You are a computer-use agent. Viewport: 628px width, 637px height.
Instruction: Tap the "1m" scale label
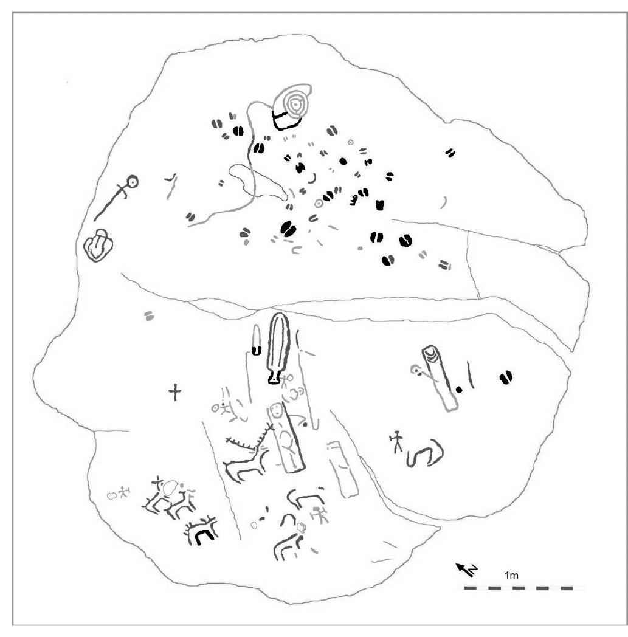[511, 575]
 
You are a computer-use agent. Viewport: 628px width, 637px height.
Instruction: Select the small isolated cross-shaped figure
[175, 392]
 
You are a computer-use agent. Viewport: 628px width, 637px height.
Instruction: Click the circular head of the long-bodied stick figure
[132, 182]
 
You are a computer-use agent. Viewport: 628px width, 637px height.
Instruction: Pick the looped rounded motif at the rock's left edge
[98, 245]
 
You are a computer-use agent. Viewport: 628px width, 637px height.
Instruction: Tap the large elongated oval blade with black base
[278, 348]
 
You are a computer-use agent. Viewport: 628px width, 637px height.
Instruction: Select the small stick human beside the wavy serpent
[396, 442]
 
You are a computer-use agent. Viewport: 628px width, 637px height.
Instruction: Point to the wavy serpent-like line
[425, 452]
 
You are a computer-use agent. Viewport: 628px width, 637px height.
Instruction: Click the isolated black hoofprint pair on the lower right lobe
[506, 377]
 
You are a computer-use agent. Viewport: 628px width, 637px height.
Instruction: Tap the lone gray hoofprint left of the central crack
[149, 315]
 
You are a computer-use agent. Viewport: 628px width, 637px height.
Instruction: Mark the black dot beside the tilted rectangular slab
[459, 389]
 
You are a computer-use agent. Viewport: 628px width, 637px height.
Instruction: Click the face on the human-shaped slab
[277, 410]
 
